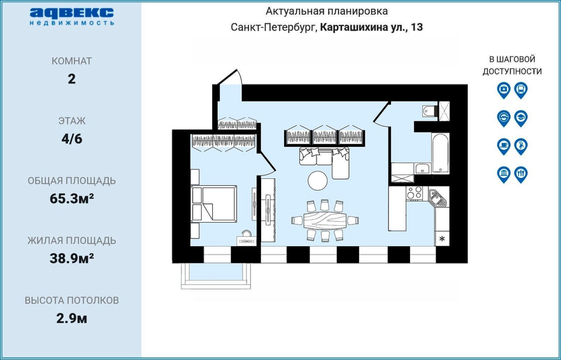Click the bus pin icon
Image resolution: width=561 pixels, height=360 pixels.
(521, 90)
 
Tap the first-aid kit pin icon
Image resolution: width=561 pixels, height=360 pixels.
(504, 90)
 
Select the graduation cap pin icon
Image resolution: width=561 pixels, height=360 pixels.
(521, 118)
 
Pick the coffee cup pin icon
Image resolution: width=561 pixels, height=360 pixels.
(504, 146)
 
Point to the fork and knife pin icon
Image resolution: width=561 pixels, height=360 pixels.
(521, 174)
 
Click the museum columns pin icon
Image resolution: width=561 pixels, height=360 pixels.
(504, 174)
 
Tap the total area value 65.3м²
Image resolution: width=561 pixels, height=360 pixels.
(71, 199)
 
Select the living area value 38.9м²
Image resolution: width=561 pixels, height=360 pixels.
(71, 258)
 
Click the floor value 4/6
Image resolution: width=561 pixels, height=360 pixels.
(71, 139)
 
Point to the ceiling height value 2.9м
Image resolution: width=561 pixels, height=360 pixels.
(71, 318)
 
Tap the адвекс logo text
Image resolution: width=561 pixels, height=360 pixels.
(72, 13)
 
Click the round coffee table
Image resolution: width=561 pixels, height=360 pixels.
(318, 181)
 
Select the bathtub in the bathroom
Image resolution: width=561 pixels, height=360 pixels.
(440, 153)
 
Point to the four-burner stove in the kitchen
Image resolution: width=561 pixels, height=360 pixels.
(414, 193)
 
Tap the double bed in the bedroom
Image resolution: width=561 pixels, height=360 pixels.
(213, 204)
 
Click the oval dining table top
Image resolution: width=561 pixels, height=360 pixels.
(325, 220)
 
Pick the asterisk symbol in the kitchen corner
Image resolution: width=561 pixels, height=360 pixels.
(442, 239)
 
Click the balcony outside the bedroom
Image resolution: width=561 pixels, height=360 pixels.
(216, 276)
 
